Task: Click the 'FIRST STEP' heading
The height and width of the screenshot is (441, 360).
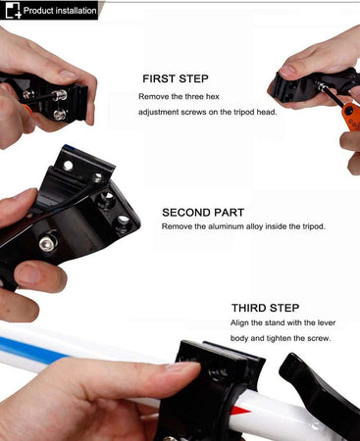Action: click(x=176, y=78)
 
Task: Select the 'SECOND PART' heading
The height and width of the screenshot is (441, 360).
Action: click(x=203, y=213)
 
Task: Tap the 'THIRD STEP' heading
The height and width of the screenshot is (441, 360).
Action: click(x=265, y=308)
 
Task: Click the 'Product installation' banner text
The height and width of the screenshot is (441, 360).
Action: click(x=60, y=11)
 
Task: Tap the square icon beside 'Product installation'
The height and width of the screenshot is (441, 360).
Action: click(x=13, y=10)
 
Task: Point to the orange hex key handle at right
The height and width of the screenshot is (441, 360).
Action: click(x=352, y=116)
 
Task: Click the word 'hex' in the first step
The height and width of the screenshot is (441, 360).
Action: click(x=212, y=97)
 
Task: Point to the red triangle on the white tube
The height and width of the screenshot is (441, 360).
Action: click(x=242, y=411)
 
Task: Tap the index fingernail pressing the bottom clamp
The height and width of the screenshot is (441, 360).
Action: click(x=183, y=367)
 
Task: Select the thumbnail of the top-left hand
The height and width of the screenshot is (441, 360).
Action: click(x=68, y=74)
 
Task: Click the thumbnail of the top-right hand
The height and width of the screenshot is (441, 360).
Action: click(x=288, y=71)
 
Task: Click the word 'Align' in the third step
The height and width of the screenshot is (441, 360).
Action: click(x=239, y=323)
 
